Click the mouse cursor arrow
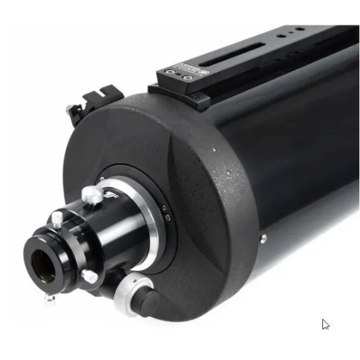[326, 324]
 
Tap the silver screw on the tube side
[263, 238]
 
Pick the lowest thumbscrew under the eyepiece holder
[51, 299]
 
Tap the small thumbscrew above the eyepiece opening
[57, 218]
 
